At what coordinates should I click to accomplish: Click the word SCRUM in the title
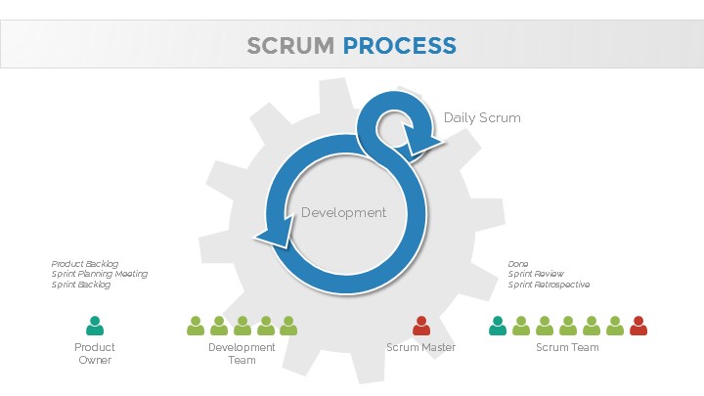pyautogui.click(x=290, y=46)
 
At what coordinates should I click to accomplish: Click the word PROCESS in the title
pyautogui.click(x=399, y=46)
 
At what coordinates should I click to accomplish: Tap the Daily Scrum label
pyautogui.click(x=482, y=118)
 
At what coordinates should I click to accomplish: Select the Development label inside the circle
pyautogui.click(x=343, y=213)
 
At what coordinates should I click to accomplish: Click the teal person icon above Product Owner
pyautogui.click(x=95, y=326)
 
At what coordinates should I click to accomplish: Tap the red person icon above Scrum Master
pyautogui.click(x=421, y=326)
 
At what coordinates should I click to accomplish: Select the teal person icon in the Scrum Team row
pyautogui.click(x=498, y=326)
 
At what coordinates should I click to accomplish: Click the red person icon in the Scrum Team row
pyautogui.click(x=638, y=326)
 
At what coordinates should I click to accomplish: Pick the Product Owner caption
pyautogui.click(x=95, y=354)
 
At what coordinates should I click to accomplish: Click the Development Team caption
pyautogui.click(x=242, y=354)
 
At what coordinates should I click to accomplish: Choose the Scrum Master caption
pyautogui.click(x=421, y=348)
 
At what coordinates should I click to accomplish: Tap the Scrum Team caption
pyautogui.click(x=567, y=348)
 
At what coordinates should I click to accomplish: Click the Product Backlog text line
pyautogui.click(x=85, y=264)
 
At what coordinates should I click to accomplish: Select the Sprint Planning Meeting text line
pyautogui.click(x=100, y=275)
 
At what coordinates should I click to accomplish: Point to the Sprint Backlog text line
pyautogui.click(x=82, y=286)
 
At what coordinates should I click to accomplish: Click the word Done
pyautogui.click(x=518, y=264)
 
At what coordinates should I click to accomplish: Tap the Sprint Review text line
pyautogui.click(x=535, y=275)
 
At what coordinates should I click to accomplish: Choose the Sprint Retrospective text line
pyautogui.click(x=549, y=286)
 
